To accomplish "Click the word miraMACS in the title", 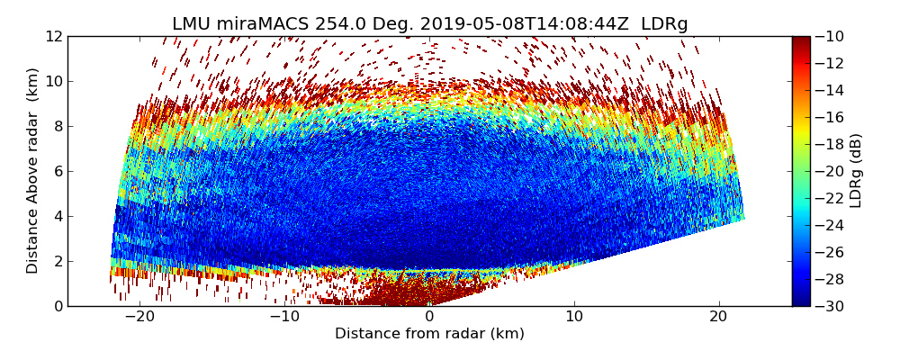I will (x=266, y=24).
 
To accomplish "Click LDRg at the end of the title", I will (x=664, y=24).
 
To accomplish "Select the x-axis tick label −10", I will (x=283, y=317).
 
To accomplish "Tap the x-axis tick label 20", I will (x=718, y=317).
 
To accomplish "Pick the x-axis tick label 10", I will (x=574, y=317).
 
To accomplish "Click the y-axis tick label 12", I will (x=54, y=36).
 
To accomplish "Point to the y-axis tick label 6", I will (x=58, y=171).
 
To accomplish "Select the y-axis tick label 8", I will (x=58, y=126).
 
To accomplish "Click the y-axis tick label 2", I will (x=58, y=261).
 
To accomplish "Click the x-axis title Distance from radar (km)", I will (x=429, y=334).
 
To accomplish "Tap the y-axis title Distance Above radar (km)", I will (x=33, y=171).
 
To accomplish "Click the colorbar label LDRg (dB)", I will (x=856, y=171).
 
